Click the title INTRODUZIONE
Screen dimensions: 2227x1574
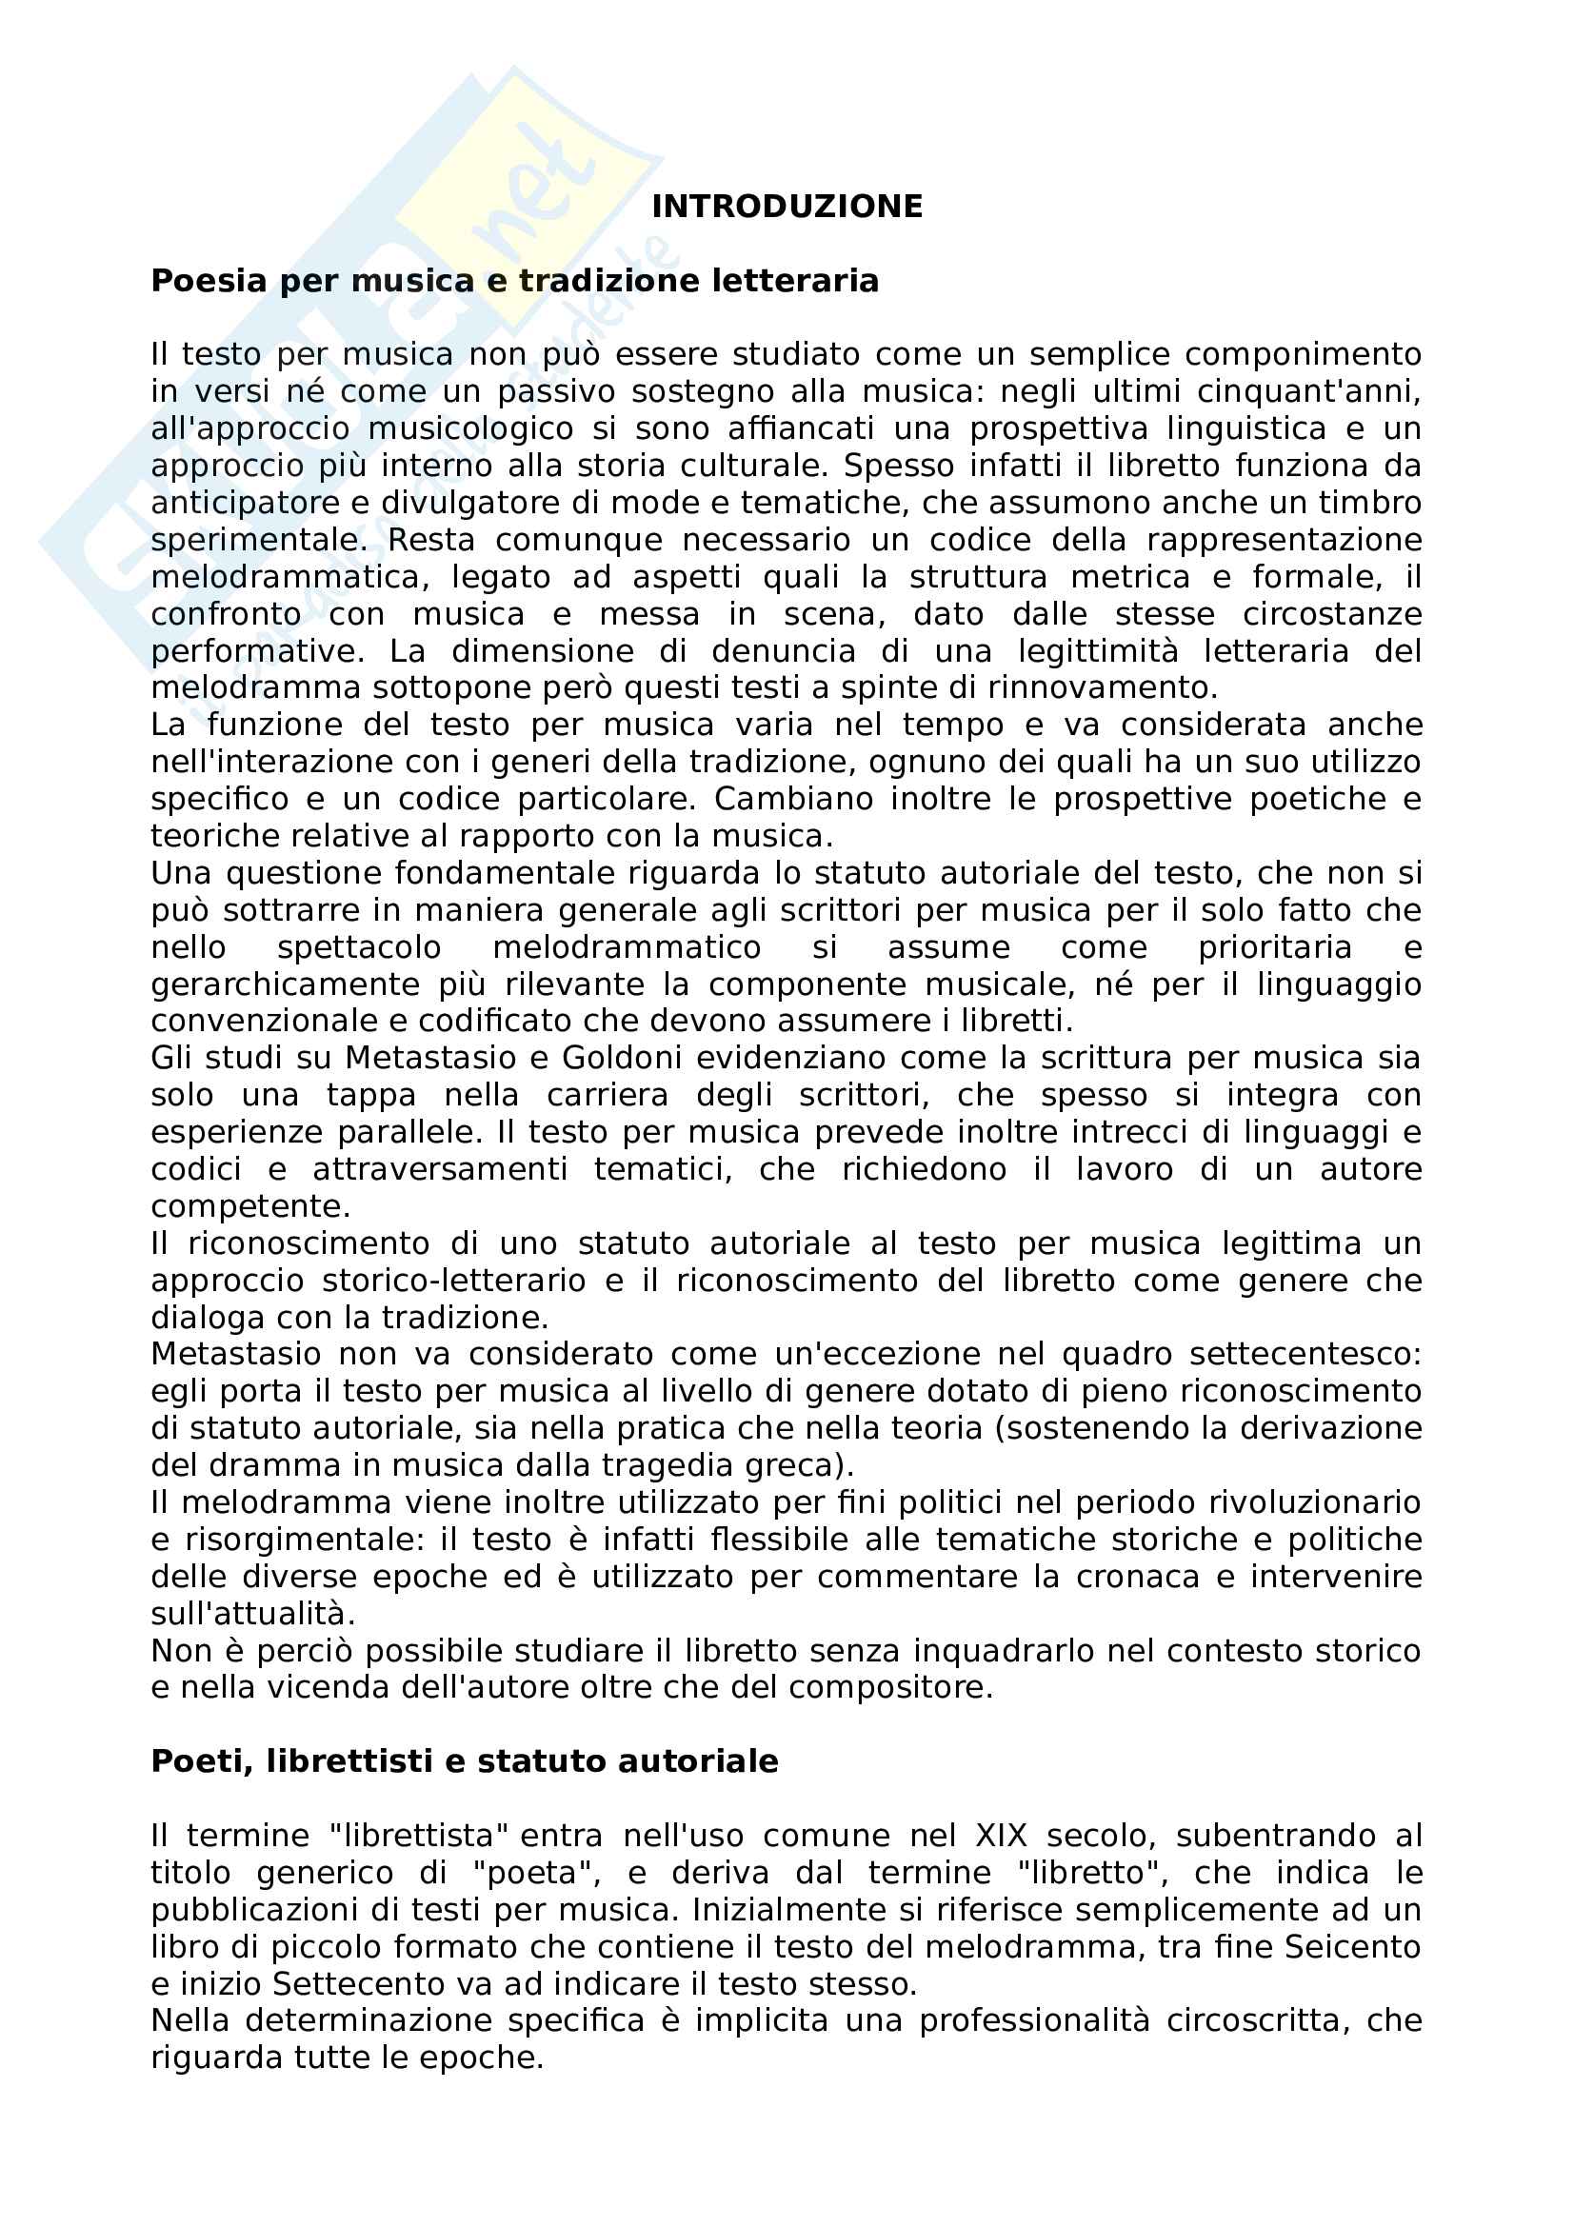pos(787,207)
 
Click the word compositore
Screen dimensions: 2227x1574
pos(890,1688)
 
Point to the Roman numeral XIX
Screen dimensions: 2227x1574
pos(990,1836)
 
